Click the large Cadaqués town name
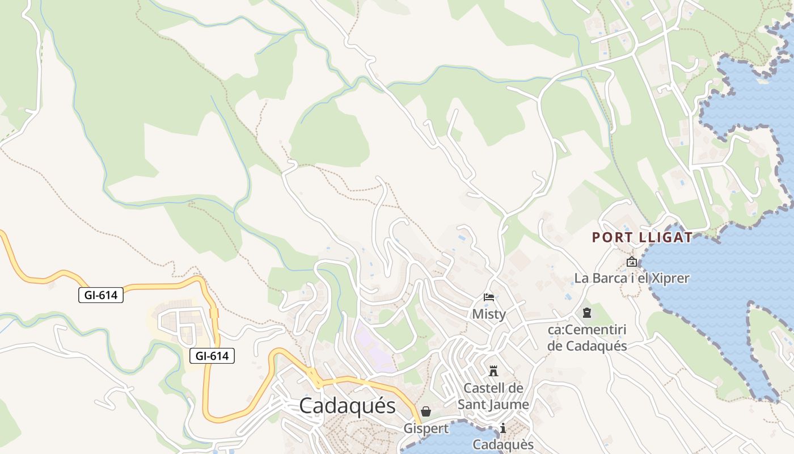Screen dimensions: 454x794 click(347, 406)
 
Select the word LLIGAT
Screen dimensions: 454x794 click(664, 237)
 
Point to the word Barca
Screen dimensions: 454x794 click(611, 278)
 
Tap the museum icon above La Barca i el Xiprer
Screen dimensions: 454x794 click(631, 262)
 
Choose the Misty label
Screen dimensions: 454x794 click(489, 314)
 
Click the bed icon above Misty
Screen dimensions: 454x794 click(489, 297)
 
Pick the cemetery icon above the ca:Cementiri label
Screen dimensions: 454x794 click(586, 313)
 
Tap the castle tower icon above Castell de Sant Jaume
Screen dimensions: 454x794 click(493, 371)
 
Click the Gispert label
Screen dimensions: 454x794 click(426, 428)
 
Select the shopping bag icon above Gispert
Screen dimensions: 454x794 click(426, 411)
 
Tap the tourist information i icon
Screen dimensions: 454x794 click(502, 428)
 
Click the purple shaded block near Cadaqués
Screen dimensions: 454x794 click(371, 346)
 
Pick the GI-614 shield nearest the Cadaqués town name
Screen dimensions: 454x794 click(212, 356)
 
